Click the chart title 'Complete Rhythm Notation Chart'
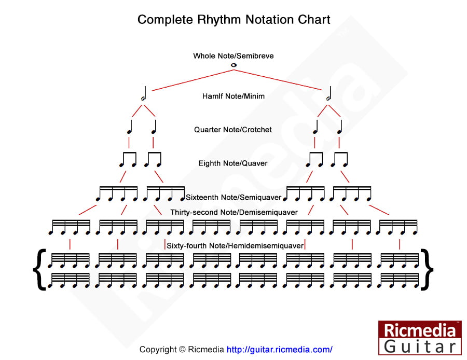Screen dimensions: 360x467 tap(233, 20)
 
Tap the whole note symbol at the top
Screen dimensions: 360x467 tap(233, 65)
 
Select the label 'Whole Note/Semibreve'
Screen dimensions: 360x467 tap(233, 56)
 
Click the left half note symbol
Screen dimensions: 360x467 tap(144, 94)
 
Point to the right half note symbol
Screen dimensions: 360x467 tap(329, 94)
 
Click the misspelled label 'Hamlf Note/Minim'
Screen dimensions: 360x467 tap(233, 96)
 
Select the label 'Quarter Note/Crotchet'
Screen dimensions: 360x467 tap(233, 130)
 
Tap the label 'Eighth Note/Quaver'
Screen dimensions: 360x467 tap(233, 163)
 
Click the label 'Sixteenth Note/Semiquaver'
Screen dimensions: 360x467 tap(233, 197)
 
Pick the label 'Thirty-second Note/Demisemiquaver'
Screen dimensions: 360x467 tap(234, 212)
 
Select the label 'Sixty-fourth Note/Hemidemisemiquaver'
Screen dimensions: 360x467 tap(235, 245)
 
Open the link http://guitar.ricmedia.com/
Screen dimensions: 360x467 tap(280, 350)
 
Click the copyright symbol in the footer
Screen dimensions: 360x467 tap(182, 350)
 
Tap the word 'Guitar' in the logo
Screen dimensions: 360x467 tap(420, 346)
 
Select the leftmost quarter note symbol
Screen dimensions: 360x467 tap(130, 128)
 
